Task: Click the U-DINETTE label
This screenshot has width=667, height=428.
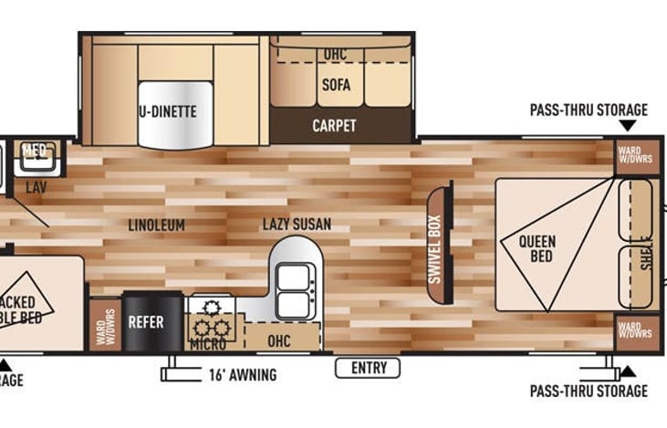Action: coord(168,112)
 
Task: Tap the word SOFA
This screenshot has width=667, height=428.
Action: coord(335,86)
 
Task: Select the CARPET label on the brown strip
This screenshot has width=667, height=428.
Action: coord(334,125)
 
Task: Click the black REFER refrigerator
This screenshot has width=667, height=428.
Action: coord(146,322)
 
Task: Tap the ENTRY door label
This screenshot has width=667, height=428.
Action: coord(369,368)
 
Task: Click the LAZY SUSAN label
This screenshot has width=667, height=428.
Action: coord(297,224)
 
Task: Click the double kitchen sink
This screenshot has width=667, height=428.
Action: coord(293,290)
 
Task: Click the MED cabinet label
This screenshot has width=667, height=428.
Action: coord(35,151)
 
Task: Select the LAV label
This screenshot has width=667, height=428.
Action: coord(36,187)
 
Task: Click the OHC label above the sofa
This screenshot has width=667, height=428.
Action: coord(335,55)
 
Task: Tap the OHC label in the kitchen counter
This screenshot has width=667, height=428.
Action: coord(279,341)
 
